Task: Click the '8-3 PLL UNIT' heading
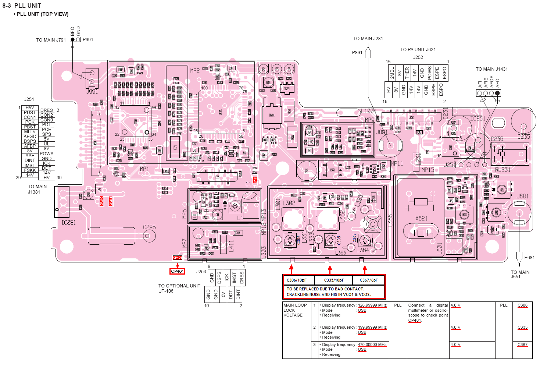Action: [x=22, y=6]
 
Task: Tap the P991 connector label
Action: [x=88, y=40]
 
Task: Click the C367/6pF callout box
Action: [x=369, y=280]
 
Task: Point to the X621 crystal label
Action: [x=421, y=218]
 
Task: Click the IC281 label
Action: [x=68, y=222]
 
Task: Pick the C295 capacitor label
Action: [x=149, y=227]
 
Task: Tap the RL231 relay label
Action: [x=503, y=170]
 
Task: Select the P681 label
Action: [x=529, y=258]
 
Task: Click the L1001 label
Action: [x=368, y=111]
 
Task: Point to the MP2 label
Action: [x=195, y=70]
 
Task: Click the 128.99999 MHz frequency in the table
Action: [x=372, y=305]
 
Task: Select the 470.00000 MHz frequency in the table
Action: [x=372, y=345]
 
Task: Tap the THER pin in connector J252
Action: [x=407, y=73]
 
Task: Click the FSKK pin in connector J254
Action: [x=30, y=170]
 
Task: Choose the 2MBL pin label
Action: [x=392, y=73]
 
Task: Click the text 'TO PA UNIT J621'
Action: [x=418, y=49]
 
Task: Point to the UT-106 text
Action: [x=166, y=291]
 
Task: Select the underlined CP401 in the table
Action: [x=414, y=320]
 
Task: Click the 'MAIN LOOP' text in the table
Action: [x=295, y=305]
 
